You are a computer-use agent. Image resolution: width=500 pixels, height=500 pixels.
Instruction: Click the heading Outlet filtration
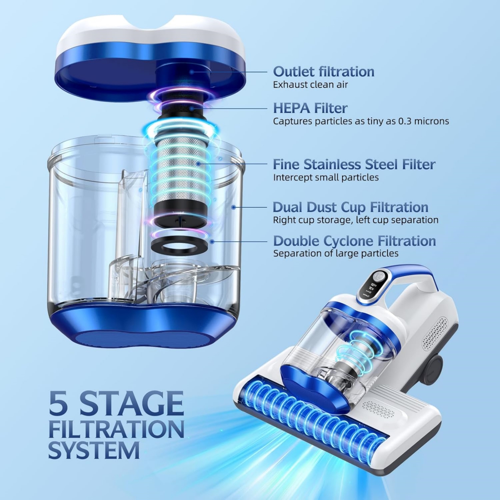click(324, 72)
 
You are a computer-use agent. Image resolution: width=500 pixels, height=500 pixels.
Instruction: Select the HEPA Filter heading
click(310, 108)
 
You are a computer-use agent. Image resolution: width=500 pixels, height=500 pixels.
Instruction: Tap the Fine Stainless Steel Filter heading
click(354, 164)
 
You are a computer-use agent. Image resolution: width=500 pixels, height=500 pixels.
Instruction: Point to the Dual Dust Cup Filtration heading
click(350, 207)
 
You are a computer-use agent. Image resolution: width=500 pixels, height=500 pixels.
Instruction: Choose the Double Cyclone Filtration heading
click(355, 241)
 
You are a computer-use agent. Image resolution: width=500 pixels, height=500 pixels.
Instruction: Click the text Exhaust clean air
click(310, 85)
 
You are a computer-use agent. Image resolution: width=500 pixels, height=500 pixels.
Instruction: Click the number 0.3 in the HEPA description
click(406, 121)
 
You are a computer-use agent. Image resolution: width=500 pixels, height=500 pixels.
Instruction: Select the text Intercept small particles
click(326, 177)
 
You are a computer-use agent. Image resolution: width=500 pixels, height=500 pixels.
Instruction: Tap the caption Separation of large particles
click(336, 253)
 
